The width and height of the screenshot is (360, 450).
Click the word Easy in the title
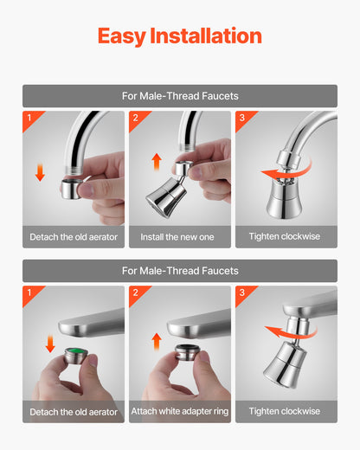[121, 35]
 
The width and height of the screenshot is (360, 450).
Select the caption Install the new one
[179, 236]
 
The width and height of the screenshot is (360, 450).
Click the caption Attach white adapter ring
[179, 411]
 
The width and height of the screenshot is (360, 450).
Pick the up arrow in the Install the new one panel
[155, 160]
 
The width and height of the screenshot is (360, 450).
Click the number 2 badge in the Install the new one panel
[134, 117]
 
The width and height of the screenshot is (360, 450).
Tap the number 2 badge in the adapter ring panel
[134, 292]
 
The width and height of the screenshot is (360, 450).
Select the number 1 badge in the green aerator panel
[29, 292]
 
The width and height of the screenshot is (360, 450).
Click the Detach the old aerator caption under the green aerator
[74, 411]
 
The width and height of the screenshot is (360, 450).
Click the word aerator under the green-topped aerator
[98, 411]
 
